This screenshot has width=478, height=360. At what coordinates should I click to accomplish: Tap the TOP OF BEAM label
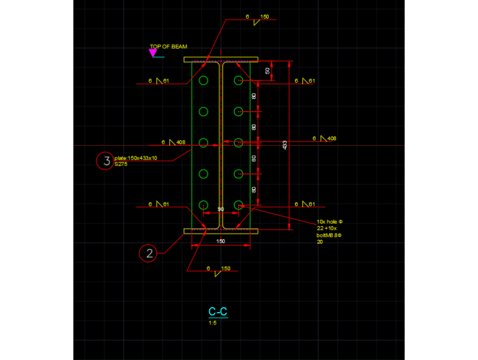(x=168, y=47)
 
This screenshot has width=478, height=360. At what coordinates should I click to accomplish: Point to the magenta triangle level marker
(x=152, y=54)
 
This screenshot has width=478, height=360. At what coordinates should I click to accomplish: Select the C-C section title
(x=217, y=311)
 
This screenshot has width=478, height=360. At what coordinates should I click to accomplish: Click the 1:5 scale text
(x=213, y=323)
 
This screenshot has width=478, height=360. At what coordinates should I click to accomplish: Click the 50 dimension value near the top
(x=268, y=71)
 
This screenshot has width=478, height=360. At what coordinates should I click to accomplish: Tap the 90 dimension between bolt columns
(x=220, y=209)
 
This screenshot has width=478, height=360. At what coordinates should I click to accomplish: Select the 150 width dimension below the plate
(x=220, y=240)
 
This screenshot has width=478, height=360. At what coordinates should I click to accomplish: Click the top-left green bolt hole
(x=204, y=81)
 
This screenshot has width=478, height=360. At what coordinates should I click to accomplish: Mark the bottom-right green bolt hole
(x=238, y=204)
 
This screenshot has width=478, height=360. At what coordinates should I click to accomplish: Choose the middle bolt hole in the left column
(x=204, y=143)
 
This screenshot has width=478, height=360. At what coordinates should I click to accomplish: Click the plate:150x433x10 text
(x=136, y=158)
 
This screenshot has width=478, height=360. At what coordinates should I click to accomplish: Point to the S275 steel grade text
(x=121, y=164)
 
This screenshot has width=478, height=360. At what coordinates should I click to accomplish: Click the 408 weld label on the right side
(x=331, y=138)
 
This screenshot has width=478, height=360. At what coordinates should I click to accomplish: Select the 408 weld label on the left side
(x=180, y=143)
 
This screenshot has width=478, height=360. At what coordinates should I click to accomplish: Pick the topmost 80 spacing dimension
(x=254, y=97)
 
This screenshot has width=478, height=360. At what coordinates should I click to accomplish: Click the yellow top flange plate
(x=220, y=60)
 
